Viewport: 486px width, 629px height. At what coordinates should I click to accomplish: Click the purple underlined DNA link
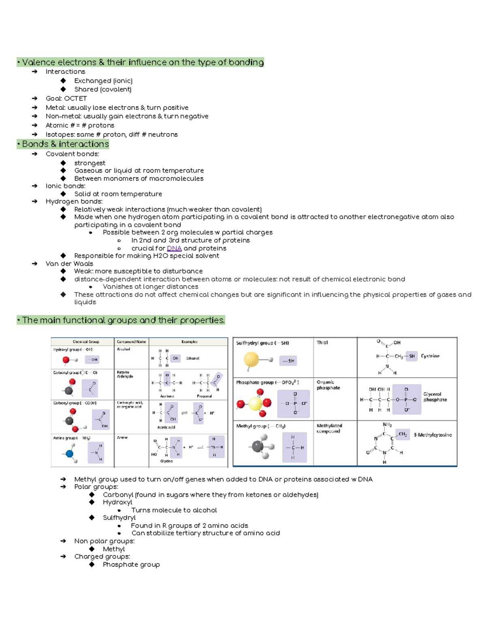(x=174, y=248)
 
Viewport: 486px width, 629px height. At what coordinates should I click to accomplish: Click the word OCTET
(x=75, y=98)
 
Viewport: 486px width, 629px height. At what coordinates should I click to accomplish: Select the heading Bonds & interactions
(x=65, y=144)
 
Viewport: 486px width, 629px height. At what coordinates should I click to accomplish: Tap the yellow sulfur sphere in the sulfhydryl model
(x=251, y=359)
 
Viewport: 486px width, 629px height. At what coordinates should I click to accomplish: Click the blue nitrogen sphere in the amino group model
(x=70, y=454)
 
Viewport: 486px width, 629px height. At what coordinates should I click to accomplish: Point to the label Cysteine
(x=430, y=356)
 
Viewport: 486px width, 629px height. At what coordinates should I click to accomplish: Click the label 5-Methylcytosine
(x=433, y=435)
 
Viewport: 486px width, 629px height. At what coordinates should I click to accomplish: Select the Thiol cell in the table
(x=322, y=343)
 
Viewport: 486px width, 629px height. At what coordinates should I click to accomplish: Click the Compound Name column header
(x=131, y=342)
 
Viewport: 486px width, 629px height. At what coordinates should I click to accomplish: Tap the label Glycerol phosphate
(x=435, y=397)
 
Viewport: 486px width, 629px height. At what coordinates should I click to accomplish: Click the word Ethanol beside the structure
(x=192, y=358)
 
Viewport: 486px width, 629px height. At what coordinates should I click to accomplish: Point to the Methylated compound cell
(x=329, y=429)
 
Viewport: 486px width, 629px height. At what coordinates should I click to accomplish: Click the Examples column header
(x=189, y=342)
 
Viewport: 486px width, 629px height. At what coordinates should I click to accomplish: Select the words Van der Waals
(x=69, y=264)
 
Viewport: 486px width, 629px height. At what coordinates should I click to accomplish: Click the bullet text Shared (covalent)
(x=102, y=90)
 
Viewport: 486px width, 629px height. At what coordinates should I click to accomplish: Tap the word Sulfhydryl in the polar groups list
(x=119, y=518)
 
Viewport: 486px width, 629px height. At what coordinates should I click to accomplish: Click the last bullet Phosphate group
(x=131, y=565)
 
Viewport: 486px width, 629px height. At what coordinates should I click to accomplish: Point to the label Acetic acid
(x=166, y=427)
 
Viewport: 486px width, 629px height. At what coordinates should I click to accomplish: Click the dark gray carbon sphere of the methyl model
(x=258, y=447)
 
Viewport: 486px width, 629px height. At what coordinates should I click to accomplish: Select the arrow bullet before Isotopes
(x=35, y=134)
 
